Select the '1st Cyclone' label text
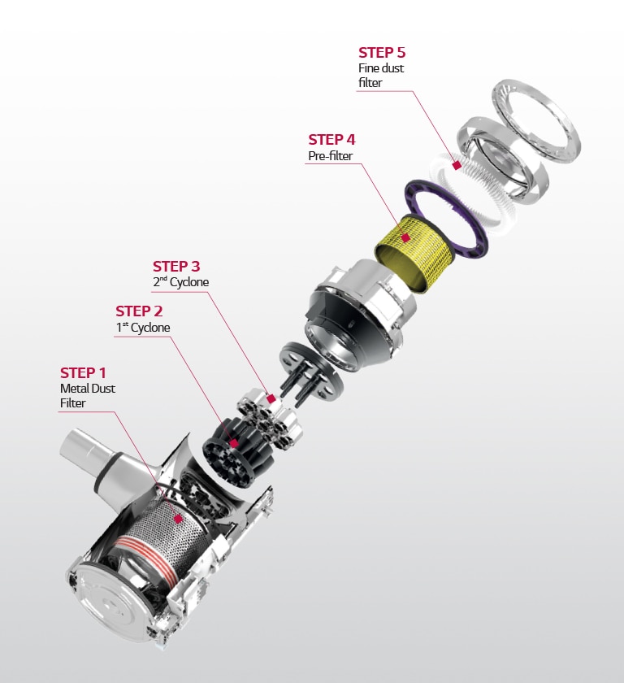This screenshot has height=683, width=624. [x=143, y=328]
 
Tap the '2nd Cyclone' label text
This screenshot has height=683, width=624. [x=180, y=282]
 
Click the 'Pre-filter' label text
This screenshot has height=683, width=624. [x=331, y=155]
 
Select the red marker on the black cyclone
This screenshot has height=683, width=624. [x=235, y=443]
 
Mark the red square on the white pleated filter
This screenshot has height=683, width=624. [x=457, y=165]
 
